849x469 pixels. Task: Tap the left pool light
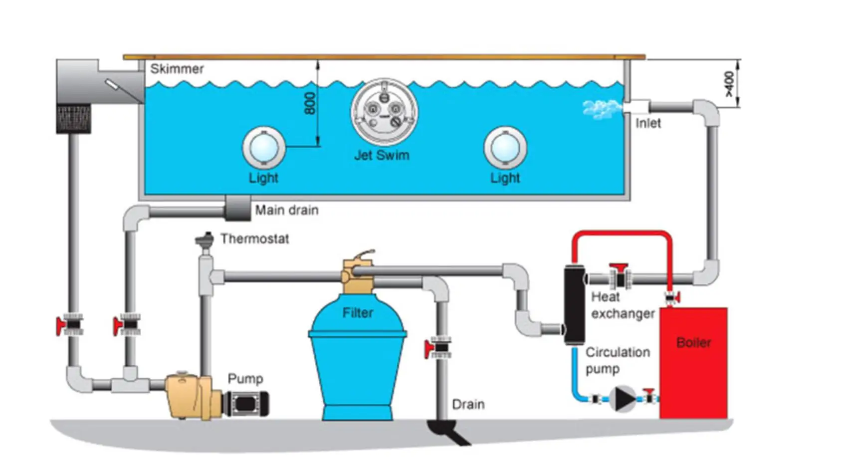tap(263, 148)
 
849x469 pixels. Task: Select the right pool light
tap(505, 148)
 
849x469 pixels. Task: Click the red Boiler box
tap(693, 364)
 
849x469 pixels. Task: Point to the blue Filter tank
tap(357, 359)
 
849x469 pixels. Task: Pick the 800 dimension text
tap(310, 104)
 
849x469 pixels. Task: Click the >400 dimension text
tap(729, 84)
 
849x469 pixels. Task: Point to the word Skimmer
tap(177, 69)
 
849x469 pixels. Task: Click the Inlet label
tap(648, 123)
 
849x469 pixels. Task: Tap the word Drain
tap(468, 404)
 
